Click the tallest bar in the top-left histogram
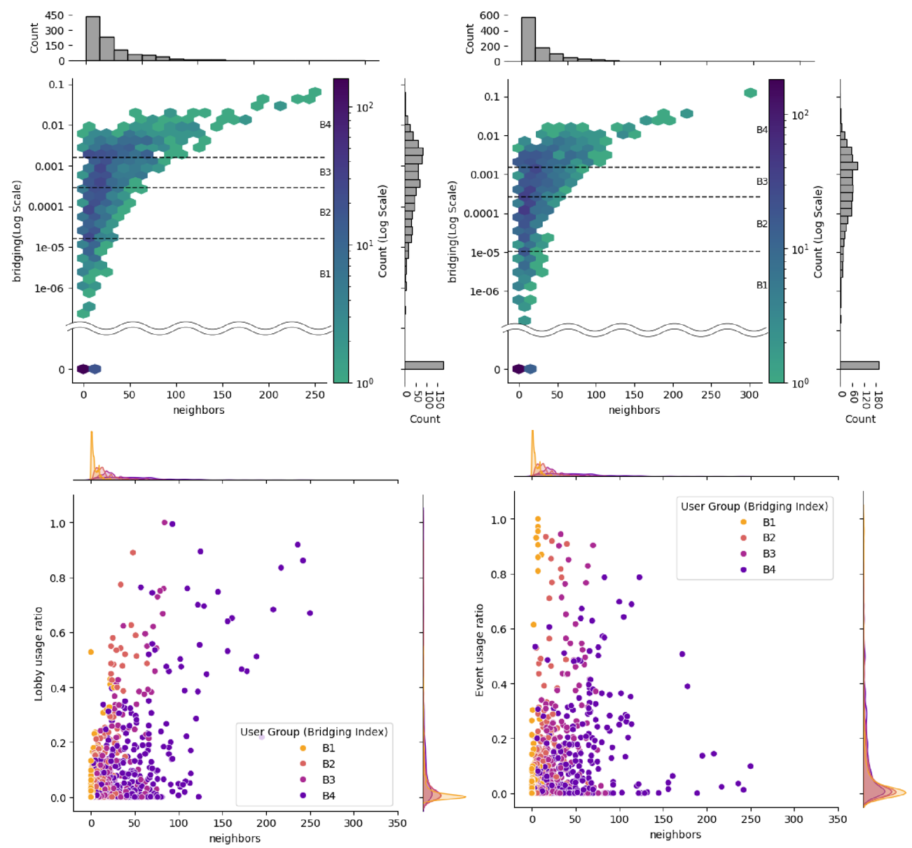tap(92, 39)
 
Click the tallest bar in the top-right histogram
tap(528, 39)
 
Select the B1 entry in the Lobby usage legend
tap(329, 748)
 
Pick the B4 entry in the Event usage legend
tap(768, 569)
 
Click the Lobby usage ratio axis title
tap(39, 653)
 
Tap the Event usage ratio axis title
tap(480, 650)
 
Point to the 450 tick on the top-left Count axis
tap(55, 15)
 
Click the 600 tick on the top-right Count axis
tap(490, 15)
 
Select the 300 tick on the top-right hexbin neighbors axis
tap(749, 395)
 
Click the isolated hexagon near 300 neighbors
tap(750, 93)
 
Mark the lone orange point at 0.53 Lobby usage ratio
tap(91, 652)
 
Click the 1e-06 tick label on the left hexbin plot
tap(48, 289)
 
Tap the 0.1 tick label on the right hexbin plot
tap(491, 97)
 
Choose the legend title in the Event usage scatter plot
tap(754, 506)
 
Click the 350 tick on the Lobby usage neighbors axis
tap(397, 823)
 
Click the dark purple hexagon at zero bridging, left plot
tap(83, 369)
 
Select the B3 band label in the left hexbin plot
tap(325, 172)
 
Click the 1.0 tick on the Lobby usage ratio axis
tap(57, 523)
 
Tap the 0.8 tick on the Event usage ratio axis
tap(498, 574)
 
